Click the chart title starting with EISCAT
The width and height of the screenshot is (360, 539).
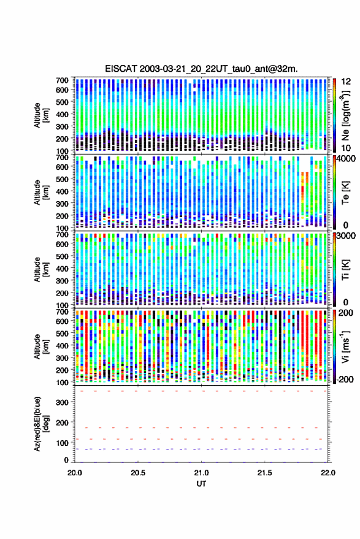(x=201, y=69)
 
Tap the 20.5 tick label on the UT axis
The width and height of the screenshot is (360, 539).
(x=138, y=473)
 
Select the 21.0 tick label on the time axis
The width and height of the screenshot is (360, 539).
(x=201, y=473)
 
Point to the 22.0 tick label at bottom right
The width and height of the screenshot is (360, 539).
(x=327, y=473)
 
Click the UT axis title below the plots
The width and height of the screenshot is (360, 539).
(x=201, y=484)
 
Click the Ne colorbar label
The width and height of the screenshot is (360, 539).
(x=345, y=115)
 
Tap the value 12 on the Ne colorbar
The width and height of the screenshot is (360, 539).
(x=347, y=82)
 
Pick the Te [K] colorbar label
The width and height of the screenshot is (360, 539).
(x=345, y=193)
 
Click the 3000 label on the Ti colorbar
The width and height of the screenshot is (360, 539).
(x=347, y=236)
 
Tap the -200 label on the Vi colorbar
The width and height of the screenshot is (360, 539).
(x=345, y=380)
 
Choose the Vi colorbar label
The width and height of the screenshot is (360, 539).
(x=345, y=346)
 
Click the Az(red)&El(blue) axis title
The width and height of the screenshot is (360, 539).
(x=40, y=424)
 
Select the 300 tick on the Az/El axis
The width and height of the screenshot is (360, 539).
(x=62, y=402)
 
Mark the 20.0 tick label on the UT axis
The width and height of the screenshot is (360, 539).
(x=75, y=473)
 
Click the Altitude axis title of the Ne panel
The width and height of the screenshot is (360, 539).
(x=41, y=115)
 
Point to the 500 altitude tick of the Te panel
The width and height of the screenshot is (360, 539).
(x=62, y=179)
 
